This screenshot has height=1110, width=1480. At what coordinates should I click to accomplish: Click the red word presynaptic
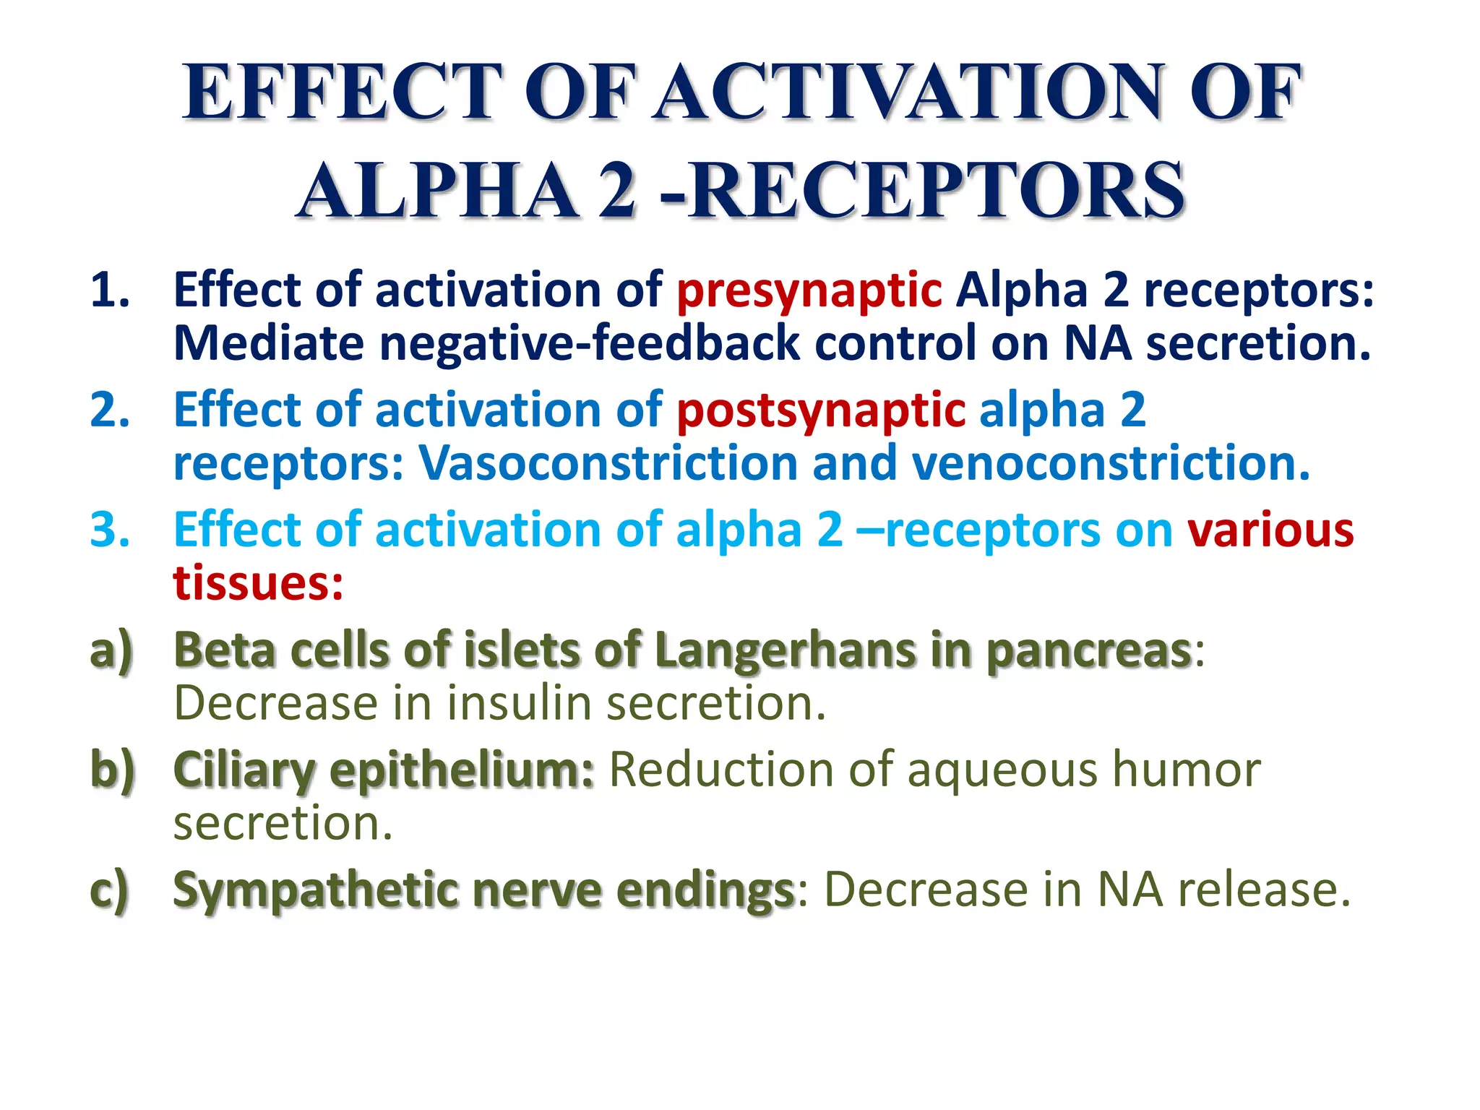809,291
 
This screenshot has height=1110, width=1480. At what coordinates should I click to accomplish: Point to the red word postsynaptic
820,410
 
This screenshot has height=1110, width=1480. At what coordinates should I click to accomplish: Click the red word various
1270,530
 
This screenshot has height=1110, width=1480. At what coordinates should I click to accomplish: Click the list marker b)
113,770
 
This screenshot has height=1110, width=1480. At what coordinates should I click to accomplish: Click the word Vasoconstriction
608,463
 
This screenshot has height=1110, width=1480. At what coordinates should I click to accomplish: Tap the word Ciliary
244,770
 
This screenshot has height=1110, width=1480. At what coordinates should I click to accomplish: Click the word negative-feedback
589,343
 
